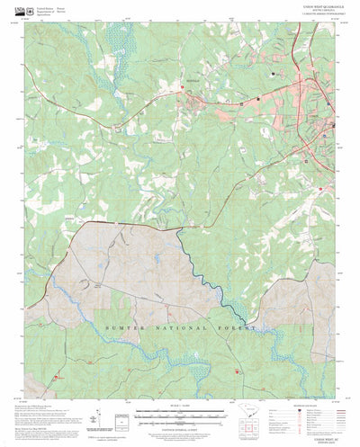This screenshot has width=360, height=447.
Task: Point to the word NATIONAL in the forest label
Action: tap(176, 330)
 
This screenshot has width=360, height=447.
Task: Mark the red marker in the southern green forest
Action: tap(237, 369)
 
